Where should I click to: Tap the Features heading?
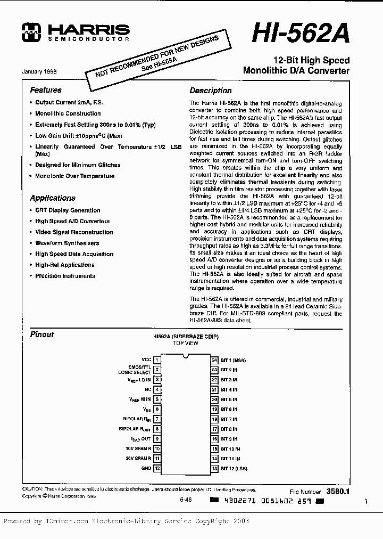[46, 90]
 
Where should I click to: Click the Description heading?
[211, 91]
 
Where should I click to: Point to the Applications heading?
[53, 198]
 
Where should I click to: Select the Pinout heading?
[42, 334]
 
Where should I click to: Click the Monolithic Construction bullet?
[68, 113]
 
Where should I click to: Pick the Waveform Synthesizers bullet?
[67, 243]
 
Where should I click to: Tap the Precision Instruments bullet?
[65, 276]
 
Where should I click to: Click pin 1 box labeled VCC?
[157, 360]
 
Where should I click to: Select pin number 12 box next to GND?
[157, 468]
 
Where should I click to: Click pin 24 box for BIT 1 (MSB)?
[215, 360]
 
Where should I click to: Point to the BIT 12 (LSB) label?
[235, 468]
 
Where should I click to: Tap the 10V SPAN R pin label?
[138, 448]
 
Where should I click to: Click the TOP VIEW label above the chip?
[186, 344]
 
